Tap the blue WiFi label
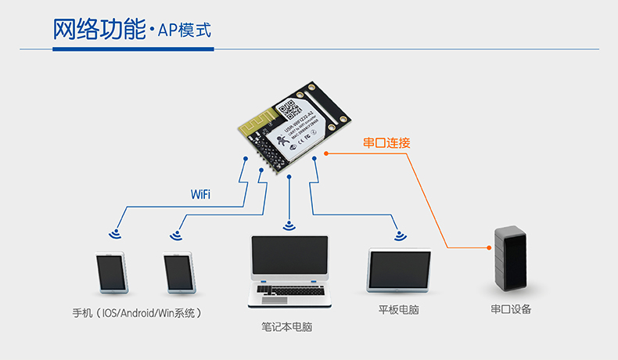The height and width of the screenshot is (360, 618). tap(200, 194)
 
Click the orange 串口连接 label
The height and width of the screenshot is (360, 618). tap(386, 143)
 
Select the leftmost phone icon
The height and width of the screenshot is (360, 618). tap(110, 272)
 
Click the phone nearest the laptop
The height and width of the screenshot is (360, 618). tap(178, 272)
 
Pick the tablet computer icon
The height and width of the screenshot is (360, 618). tap(400, 270)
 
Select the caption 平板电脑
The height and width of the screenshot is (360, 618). tap(398, 310)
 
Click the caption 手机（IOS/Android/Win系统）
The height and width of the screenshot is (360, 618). tap(138, 313)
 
